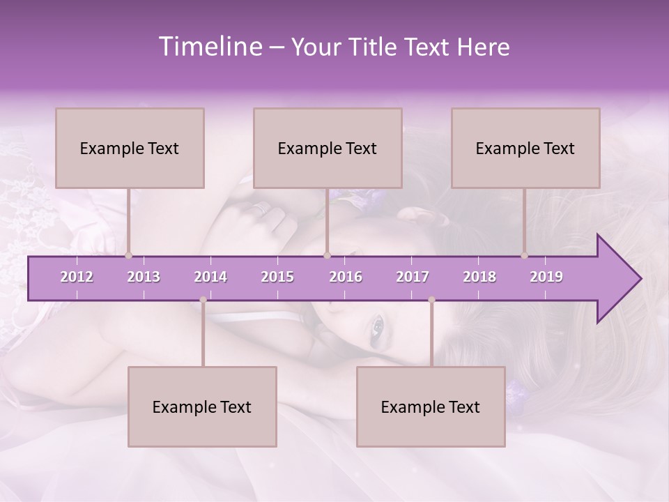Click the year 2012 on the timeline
click(77, 277)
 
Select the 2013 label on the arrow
click(144, 277)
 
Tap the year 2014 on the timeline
click(210, 277)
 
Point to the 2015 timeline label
click(277, 277)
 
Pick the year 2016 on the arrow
click(346, 277)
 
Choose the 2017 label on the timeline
click(413, 277)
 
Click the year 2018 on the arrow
click(479, 277)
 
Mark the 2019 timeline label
click(546, 277)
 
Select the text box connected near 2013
click(130, 148)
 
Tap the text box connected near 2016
click(328, 148)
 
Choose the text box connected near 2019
click(525, 148)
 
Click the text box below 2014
click(202, 406)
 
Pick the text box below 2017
click(431, 406)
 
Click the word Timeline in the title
click(209, 47)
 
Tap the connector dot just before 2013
click(128, 255)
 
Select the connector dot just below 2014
click(203, 300)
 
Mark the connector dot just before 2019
click(524, 255)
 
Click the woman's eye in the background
click(377, 324)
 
